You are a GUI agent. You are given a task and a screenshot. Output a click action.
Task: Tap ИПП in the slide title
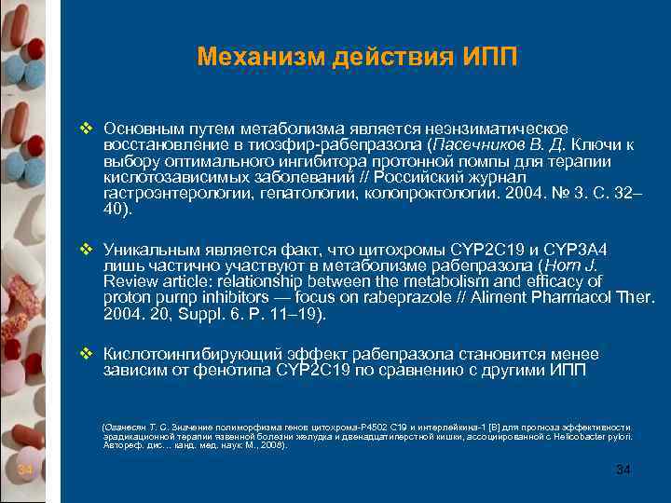click(487, 58)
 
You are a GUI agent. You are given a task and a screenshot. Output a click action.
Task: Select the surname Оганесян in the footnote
click(125, 427)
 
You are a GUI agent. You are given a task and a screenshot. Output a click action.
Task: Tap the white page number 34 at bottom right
click(623, 469)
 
